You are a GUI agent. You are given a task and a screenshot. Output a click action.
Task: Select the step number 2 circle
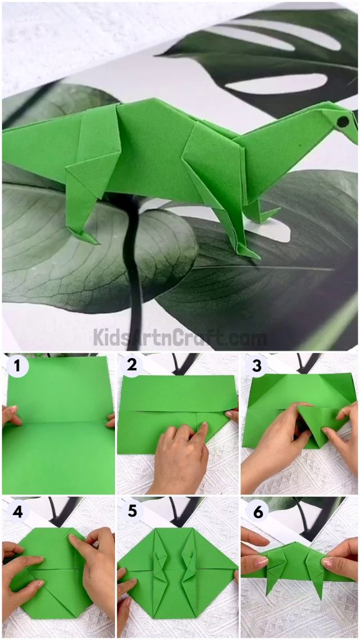click(x=131, y=366)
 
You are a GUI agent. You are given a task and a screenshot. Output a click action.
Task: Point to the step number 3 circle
click(x=256, y=366)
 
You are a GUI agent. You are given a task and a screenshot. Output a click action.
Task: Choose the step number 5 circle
click(x=131, y=511)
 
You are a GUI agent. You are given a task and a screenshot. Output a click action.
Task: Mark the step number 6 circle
click(x=256, y=511)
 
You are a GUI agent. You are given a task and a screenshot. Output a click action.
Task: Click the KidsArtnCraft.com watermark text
click(x=180, y=338)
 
